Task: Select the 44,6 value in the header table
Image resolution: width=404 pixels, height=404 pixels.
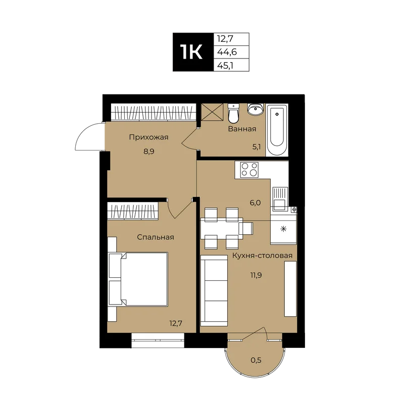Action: (227, 52)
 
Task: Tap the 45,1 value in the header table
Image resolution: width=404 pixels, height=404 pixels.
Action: (225, 66)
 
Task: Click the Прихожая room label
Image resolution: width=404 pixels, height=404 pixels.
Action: (148, 137)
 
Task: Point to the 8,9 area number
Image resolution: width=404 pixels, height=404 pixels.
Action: (148, 151)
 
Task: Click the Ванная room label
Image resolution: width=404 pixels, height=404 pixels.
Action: (242, 129)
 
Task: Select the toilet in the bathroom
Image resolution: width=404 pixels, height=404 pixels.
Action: (234, 113)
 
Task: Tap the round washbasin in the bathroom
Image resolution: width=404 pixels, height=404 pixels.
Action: (256, 109)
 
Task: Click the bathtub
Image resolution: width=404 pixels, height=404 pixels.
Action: (277, 130)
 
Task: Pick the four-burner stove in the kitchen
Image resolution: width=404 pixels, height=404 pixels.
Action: (249, 170)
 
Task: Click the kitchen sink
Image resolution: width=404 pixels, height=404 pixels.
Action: (280, 198)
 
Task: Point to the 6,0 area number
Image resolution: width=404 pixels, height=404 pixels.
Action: (255, 203)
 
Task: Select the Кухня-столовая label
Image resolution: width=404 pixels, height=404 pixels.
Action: (262, 256)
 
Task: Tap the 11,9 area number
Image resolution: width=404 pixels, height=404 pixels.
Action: (256, 275)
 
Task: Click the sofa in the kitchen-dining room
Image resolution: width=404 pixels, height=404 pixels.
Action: (214, 291)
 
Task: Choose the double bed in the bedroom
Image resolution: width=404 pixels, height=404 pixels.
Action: (138, 279)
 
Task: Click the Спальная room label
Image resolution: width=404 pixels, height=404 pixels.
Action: (156, 237)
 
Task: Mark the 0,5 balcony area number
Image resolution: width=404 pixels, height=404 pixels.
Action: (256, 360)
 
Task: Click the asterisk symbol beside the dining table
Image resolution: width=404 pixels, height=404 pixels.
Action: (283, 229)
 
